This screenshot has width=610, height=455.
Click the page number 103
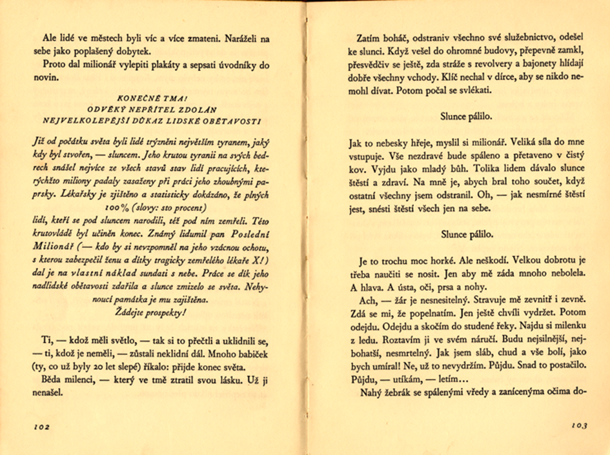pyautogui.click(x=577, y=426)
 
